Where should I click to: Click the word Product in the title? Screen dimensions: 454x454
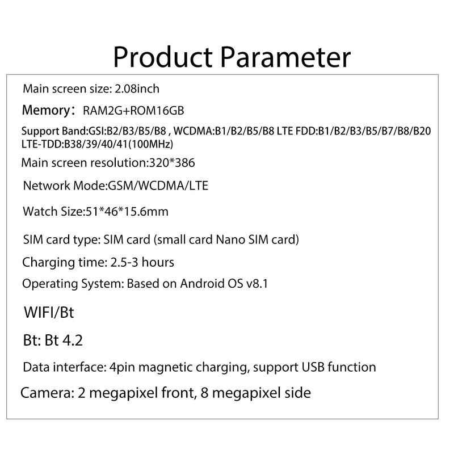[162, 57]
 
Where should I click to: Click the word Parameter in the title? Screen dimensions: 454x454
[285, 57]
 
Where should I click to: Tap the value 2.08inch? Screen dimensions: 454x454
[137, 89]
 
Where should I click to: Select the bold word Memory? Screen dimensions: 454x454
[46, 110]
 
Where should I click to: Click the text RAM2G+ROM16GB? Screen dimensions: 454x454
[133, 110]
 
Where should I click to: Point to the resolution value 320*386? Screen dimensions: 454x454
[172, 163]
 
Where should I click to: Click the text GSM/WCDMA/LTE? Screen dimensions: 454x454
[158, 186]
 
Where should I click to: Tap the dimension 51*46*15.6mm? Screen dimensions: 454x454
[127, 211]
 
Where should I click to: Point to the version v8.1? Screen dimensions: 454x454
[257, 284]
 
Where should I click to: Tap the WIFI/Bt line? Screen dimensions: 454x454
[49, 312]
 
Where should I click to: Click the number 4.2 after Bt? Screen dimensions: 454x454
[73, 340]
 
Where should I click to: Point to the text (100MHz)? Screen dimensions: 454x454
[150, 144]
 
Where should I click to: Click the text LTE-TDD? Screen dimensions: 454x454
[41, 144]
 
